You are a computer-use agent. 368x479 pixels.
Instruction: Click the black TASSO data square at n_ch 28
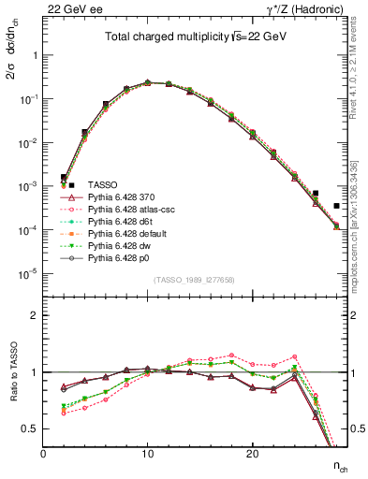336,206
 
